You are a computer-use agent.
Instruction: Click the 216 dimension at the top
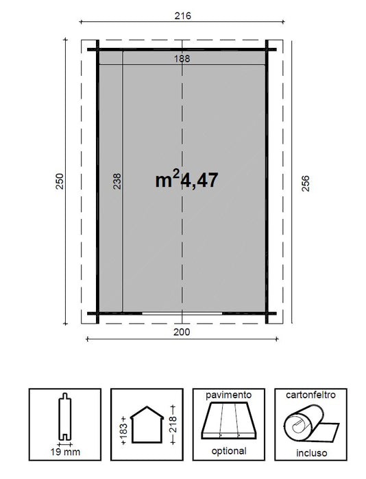point(182,15)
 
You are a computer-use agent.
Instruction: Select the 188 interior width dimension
point(182,59)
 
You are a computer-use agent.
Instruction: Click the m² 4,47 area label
point(186,180)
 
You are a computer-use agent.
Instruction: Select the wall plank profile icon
point(63,417)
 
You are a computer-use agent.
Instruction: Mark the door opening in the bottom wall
point(182,313)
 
